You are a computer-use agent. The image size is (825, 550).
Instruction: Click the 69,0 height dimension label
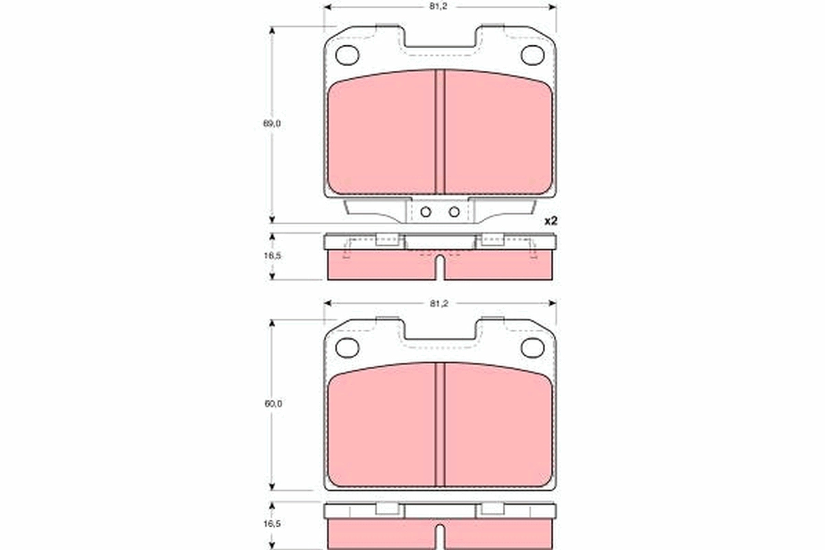click(272, 124)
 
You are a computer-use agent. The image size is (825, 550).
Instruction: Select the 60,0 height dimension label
click(272, 404)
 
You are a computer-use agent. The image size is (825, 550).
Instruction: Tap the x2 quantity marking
click(549, 221)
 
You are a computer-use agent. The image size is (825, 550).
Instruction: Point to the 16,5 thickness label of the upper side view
click(272, 254)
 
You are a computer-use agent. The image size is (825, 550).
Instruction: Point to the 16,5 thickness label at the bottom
click(272, 524)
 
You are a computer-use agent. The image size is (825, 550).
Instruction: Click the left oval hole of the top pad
click(348, 54)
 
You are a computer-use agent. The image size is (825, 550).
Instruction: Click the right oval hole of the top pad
click(532, 54)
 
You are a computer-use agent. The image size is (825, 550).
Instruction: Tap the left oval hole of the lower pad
click(348, 348)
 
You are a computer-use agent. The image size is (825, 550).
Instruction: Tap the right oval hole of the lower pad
click(532, 348)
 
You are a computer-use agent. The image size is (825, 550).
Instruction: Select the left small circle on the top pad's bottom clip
click(426, 212)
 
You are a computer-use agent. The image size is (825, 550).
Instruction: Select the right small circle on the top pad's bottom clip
click(454, 212)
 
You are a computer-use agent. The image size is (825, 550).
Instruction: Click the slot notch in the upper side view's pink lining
click(440, 268)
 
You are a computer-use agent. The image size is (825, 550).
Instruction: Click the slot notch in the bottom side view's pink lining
click(440, 536)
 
